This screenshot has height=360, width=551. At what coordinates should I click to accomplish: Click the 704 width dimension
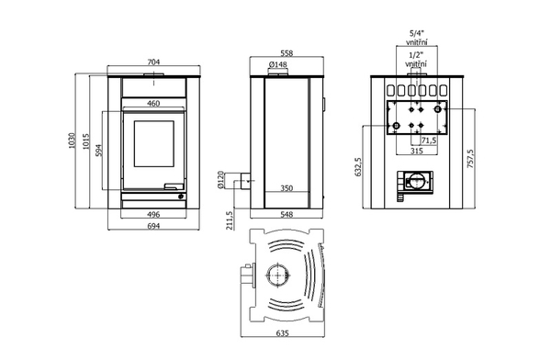pyautogui.click(x=153, y=62)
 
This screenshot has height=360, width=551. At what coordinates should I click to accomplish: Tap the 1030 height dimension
pyautogui.click(x=72, y=141)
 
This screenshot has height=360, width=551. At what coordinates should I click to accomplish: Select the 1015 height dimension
pyautogui.click(x=86, y=141)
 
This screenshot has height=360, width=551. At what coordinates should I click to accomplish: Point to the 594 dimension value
pyautogui.click(x=99, y=151)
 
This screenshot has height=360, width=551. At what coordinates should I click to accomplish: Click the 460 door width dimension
pyautogui.click(x=153, y=104)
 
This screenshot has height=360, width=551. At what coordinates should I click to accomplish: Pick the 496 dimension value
pyautogui.click(x=153, y=214)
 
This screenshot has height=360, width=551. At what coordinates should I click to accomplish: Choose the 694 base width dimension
pyautogui.click(x=153, y=226)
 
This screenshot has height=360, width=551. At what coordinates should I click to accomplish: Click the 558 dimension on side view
pyautogui.click(x=287, y=53)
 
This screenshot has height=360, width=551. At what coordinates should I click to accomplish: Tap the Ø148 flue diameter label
pyautogui.click(x=278, y=64)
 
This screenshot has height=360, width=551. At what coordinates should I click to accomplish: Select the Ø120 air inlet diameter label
pyautogui.click(x=220, y=180)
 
